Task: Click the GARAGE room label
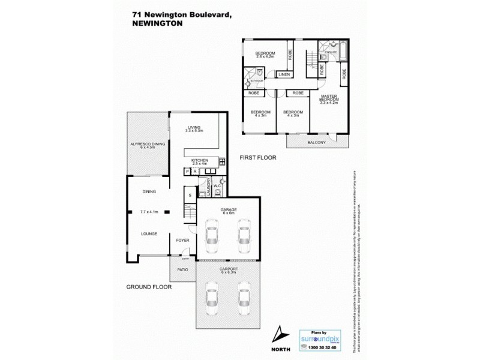(x=229, y=208)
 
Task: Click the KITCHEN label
(x=199, y=160)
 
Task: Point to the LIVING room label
(x=194, y=127)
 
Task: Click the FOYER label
(x=182, y=240)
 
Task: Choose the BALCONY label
(x=316, y=142)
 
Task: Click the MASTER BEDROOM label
(x=329, y=98)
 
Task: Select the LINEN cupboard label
(x=284, y=74)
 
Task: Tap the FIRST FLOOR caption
(x=257, y=158)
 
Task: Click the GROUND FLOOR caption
(x=149, y=287)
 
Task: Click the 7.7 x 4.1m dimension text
(x=149, y=212)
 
